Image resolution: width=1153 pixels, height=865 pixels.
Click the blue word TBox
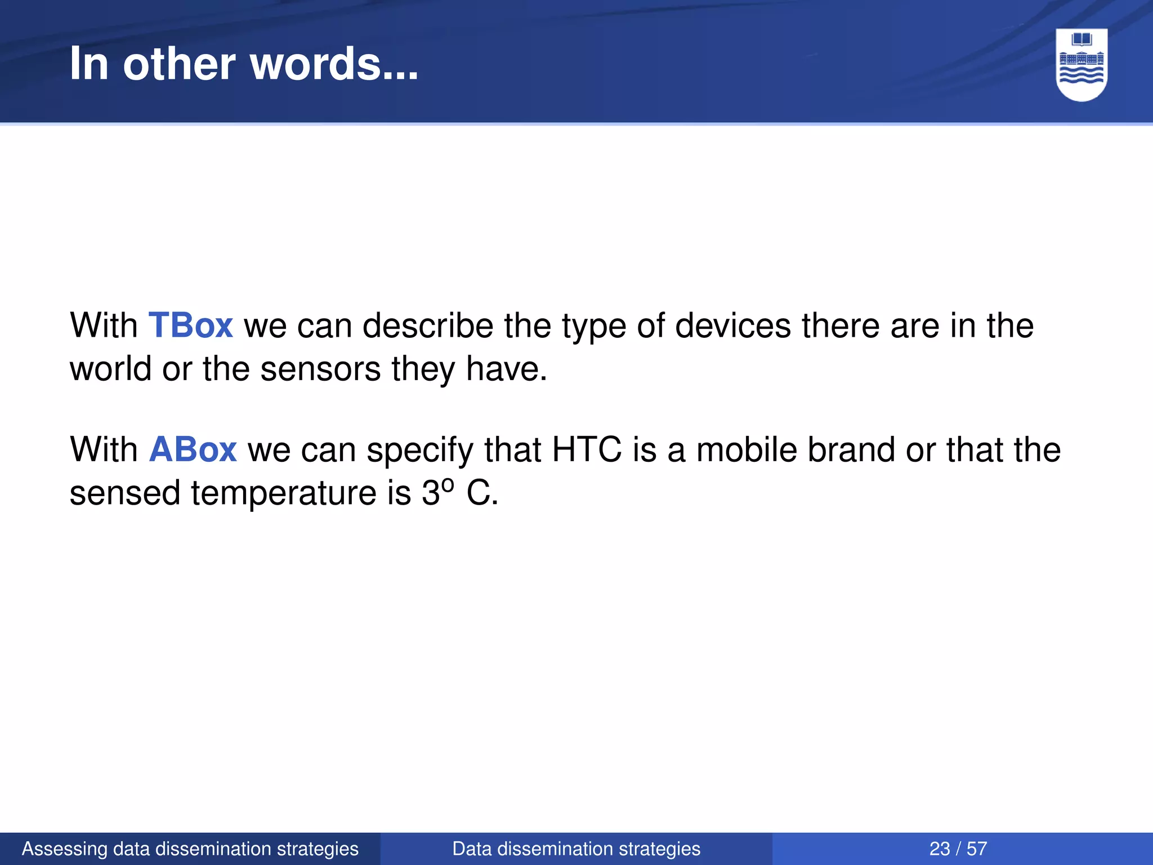pyautogui.click(x=190, y=326)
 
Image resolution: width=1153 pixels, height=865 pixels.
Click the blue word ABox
pyautogui.click(x=193, y=449)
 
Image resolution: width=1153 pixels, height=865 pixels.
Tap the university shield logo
pyautogui.click(x=1082, y=64)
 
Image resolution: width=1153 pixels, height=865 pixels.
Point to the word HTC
pyautogui.click(x=587, y=449)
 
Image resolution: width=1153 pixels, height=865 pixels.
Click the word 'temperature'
pyautogui.click(x=284, y=493)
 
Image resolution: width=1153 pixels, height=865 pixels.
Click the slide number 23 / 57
pyautogui.click(x=958, y=849)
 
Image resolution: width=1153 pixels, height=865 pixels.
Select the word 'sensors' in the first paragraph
pyautogui.click(x=320, y=369)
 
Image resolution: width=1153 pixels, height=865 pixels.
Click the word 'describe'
pyautogui.click(x=428, y=326)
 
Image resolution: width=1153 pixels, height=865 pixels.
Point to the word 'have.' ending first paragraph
pyautogui.click(x=506, y=369)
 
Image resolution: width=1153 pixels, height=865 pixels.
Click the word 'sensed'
pyautogui.click(x=124, y=493)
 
